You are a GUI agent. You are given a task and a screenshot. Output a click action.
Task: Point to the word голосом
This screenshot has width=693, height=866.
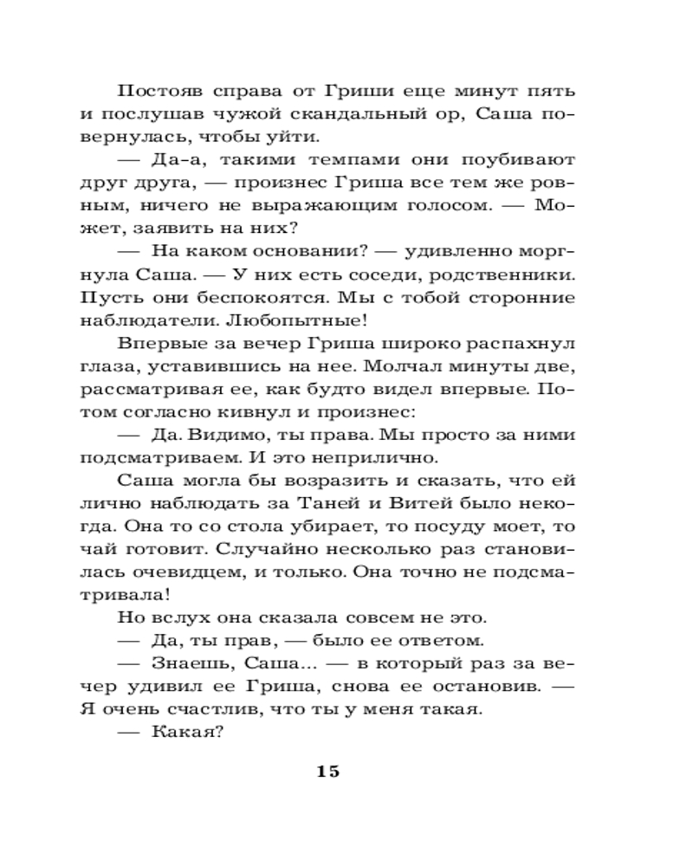point(450,206)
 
